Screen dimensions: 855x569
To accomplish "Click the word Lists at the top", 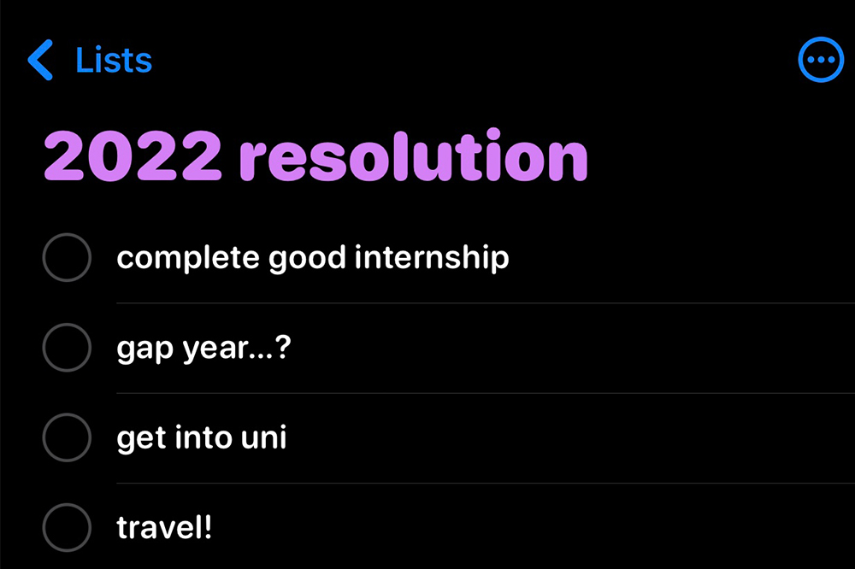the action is pos(114,60).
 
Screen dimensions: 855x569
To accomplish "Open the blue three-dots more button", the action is pos(821,60).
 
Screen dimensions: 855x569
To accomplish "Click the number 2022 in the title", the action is pos(133,156).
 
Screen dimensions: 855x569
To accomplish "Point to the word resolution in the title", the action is pos(413,155).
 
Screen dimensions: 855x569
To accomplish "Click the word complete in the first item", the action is pos(187,258).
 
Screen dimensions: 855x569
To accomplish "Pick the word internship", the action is pos(431,258).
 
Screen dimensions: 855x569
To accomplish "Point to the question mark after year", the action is pos(284,347).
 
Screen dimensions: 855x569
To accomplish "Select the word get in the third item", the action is pos(141,439).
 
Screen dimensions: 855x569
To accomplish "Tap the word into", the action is pos(203,437).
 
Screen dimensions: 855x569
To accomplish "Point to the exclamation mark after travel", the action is pos(207,527).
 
